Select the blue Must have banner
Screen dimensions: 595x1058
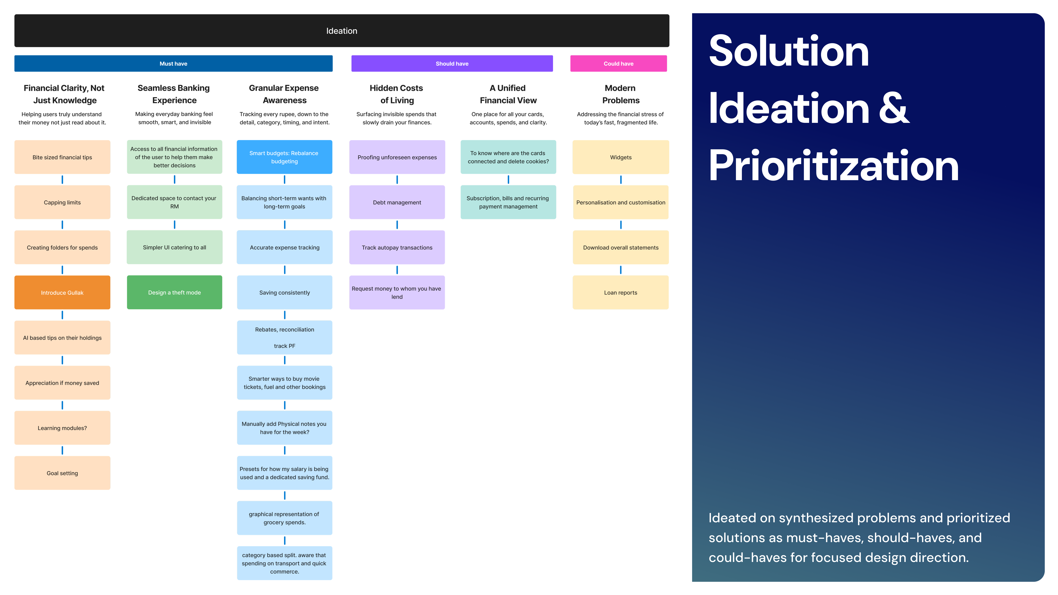pyautogui.click(x=173, y=64)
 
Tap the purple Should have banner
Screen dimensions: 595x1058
pyautogui.click(x=452, y=64)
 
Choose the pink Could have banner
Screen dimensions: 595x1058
pyautogui.click(x=618, y=64)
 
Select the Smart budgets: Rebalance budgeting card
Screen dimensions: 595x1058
pyautogui.click(x=284, y=157)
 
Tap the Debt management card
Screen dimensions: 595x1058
pyautogui.click(x=397, y=202)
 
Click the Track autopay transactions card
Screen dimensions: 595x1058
pyautogui.click(x=397, y=247)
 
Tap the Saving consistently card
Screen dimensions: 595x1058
pyautogui.click(x=284, y=292)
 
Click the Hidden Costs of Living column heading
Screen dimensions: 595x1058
pyautogui.click(x=396, y=94)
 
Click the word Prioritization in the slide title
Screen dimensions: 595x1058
pyautogui.click(x=834, y=166)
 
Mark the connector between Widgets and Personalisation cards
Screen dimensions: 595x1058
pyautogui.click(x=621, y=179)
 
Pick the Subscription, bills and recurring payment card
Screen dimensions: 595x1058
pyautogui.click(x=508, y=202)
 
